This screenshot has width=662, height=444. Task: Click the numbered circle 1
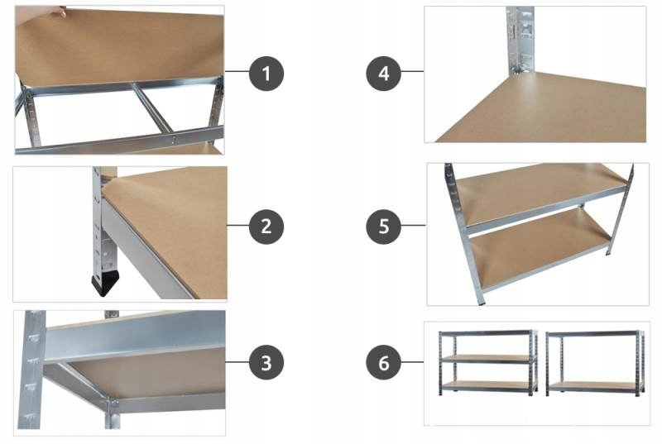266,74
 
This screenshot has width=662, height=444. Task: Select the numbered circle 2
266,226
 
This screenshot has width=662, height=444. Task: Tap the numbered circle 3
266,362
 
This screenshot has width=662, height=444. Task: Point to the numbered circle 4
383,74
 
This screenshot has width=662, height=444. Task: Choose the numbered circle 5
383,225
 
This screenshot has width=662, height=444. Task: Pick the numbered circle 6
383,362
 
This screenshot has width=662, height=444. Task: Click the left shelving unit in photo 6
487,362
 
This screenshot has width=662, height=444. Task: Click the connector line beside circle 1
237,74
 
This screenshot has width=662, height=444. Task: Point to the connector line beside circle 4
412,74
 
